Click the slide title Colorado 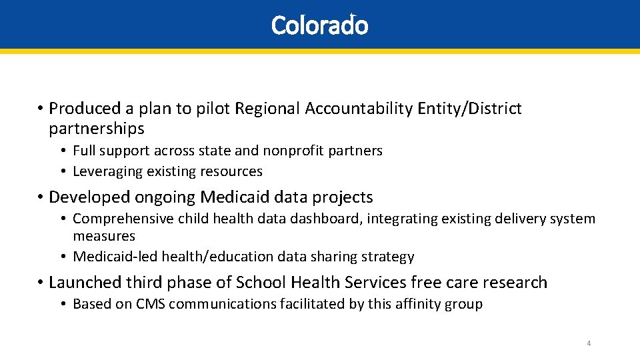point(319,25)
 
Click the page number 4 point(589,343)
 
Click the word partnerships point(97,128)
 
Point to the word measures point(104,236)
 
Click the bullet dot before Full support point(64,151)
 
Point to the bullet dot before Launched point(41,283)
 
